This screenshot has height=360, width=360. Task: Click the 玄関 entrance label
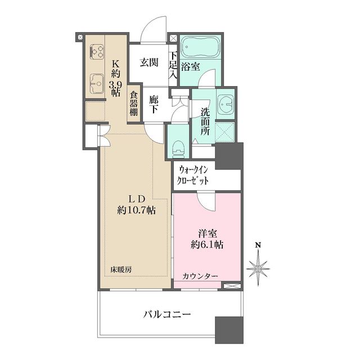(149, 62)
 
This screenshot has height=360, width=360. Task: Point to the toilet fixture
(178, 147)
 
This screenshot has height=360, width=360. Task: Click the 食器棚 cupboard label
(133, 103)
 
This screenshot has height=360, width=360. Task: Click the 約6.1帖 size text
(206, 245)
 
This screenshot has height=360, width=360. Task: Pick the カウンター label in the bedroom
(200, 276)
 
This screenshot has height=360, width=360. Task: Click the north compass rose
(258, 268)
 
